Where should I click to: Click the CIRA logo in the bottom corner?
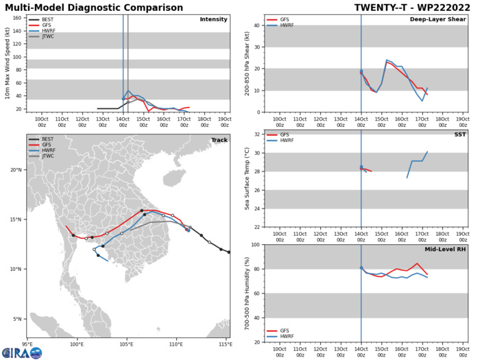tap(21, 352)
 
